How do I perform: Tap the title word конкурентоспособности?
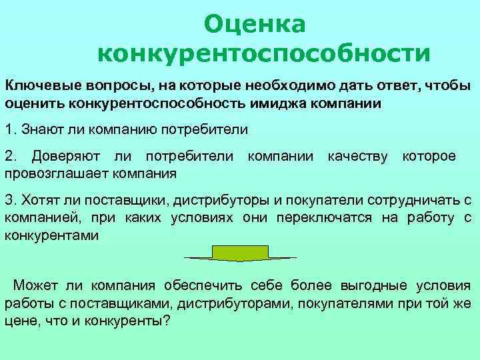tap(263, 51)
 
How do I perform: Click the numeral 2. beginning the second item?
tap(11, 157)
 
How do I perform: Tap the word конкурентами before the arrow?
tap(51, 235)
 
